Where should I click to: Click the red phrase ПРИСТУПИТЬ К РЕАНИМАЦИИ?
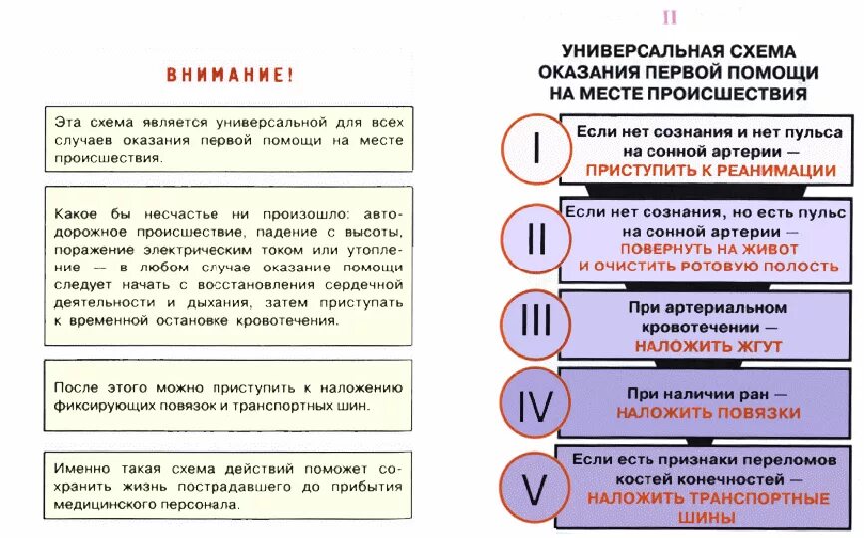pos(710,170)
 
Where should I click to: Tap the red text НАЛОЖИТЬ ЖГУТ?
pos(708,347)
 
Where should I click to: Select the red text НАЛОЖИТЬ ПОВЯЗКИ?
pos(708,411)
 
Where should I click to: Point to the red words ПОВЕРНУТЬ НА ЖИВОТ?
pos(708,248)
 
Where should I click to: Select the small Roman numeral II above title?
pos(669,17)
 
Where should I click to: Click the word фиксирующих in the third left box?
pos(108,406)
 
